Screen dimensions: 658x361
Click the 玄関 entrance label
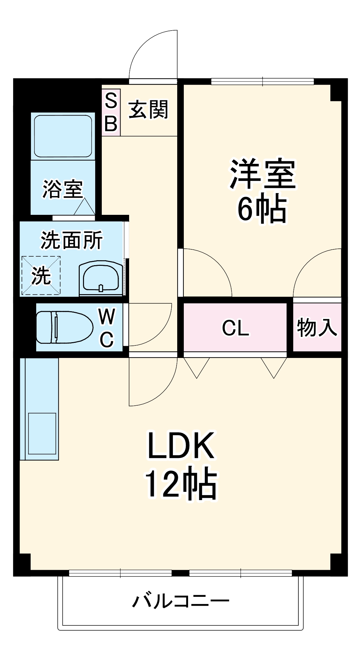click(x=148, y=110)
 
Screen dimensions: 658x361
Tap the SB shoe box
click(x=111, y=112)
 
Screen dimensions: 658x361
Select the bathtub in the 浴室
click(x=63, y=136)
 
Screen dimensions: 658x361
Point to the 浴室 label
click(x=63, y=189)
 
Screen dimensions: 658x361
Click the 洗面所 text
click(x=71, y=240)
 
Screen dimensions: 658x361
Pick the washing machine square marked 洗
click(x=41, y=275)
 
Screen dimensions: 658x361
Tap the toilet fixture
click(x=64, y=327)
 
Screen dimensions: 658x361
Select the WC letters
click(x=107, y=328)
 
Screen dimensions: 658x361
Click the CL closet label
click(x=235, y=328)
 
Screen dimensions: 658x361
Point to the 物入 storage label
click(x=317, y=328)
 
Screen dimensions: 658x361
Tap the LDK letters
click(x=181, y=446)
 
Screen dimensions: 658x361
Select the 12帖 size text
click(x=181, y=483)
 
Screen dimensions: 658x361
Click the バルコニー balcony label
click(x=180, y=601)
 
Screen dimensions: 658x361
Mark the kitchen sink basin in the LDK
click(x=42, y=433)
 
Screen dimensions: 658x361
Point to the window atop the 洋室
click(x=262, y=81)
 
